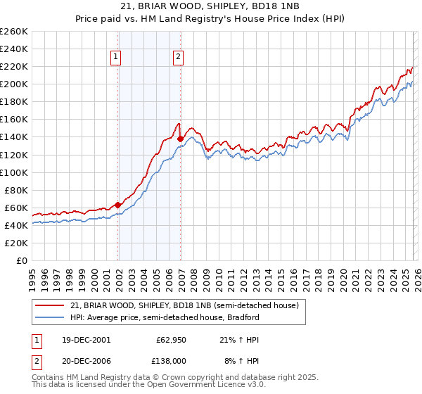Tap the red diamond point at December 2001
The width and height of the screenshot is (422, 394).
[118, 205]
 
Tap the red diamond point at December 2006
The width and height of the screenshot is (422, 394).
[181, 139]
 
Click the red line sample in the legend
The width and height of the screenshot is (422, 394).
[50, 305]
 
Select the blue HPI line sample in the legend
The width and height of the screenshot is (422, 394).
[50, 317]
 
